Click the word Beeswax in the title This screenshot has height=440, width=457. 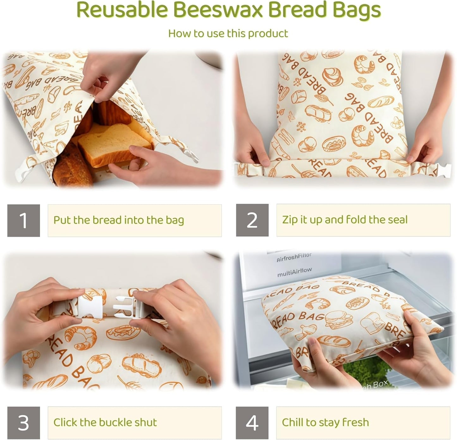(218, 10)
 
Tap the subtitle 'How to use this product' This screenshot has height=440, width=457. (228, 34)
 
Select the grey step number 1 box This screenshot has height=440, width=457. (24, 220)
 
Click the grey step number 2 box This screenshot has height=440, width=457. (252, 220)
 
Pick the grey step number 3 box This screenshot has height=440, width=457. (24, 423)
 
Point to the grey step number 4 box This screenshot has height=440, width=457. (252, 423)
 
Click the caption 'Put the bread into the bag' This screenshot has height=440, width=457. (119, 220)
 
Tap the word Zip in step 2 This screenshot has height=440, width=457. (290, 220)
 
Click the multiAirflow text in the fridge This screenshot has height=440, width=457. (294, 272)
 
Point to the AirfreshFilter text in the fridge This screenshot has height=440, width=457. (294, 258)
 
